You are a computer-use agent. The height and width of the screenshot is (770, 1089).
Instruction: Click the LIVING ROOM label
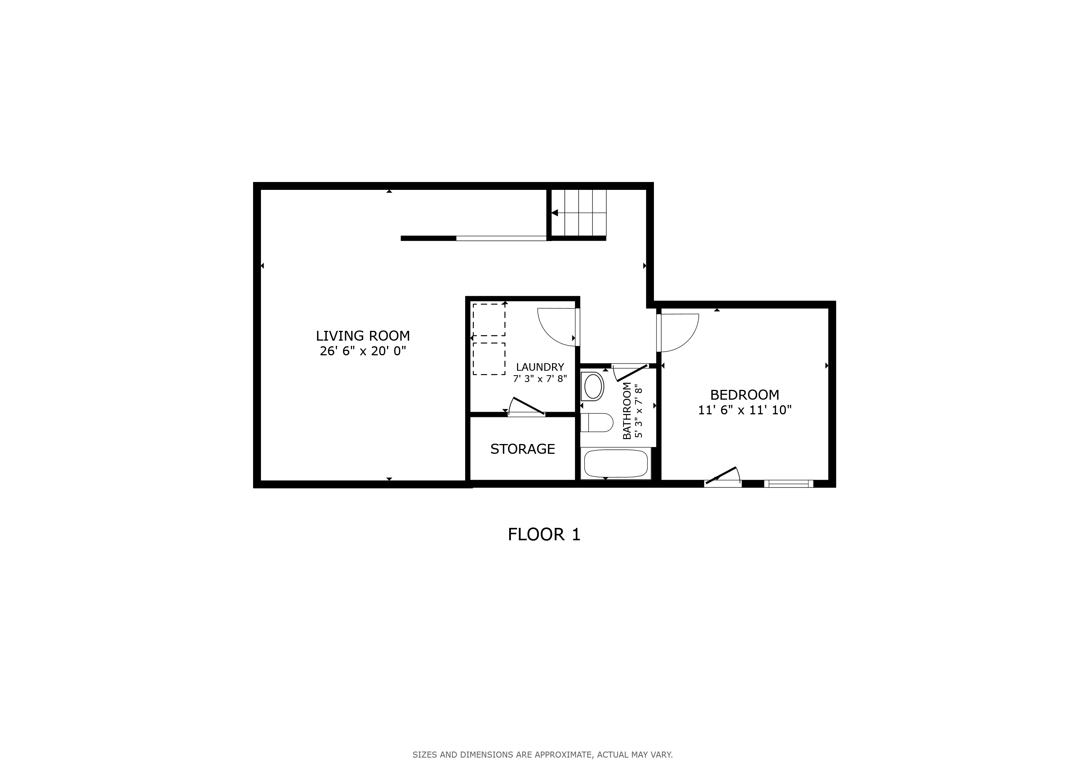[363, 336]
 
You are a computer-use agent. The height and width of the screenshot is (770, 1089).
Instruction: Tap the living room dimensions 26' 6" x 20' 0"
[363, 351]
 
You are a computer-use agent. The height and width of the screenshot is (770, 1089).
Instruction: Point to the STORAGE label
[523, 449]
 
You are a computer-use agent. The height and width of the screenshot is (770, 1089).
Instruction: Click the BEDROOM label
[745, 394]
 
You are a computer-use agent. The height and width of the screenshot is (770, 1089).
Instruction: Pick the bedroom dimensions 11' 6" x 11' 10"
[745, 410]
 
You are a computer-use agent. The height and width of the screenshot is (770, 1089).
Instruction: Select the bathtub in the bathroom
[616, 463]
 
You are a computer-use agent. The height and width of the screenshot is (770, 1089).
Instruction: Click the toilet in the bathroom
[597, 423]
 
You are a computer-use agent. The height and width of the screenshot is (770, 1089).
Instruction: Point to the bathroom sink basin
[593, 387]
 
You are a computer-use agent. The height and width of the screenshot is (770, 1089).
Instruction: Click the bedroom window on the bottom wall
[788, 484]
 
